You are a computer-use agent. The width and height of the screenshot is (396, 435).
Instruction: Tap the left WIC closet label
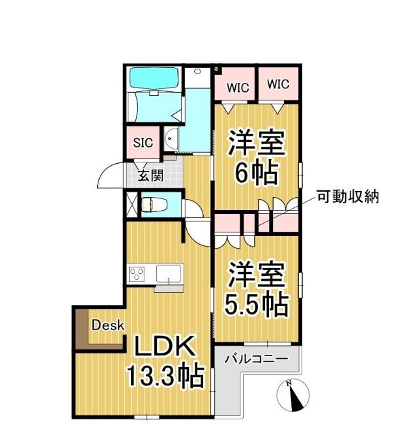pyautogui.click(x=237, y=87)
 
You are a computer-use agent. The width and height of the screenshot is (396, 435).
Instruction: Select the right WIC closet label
pyautogui.click(x=278, y=84)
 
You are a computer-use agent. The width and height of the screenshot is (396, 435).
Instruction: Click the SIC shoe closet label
pyautogui.click(x=142, y=143)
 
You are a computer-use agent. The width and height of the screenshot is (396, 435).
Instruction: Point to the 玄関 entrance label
pyautogui.click(x=151, y=175)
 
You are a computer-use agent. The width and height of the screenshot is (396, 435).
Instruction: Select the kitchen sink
pyautogui.click(x=168, y=274)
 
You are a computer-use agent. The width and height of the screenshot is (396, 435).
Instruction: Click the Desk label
pyautogui.click(x=108, y=325)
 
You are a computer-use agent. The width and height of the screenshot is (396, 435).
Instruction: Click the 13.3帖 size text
pyautogui.click(x=165, y=375)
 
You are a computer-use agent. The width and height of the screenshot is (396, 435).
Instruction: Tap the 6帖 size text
pyautogui.click(x=256, y=173)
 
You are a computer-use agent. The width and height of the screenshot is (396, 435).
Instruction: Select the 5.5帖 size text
pyautogui.click(x=257, y=304)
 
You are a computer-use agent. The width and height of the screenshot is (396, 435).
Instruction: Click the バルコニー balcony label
pyautogui.click(x=255, y=358)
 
